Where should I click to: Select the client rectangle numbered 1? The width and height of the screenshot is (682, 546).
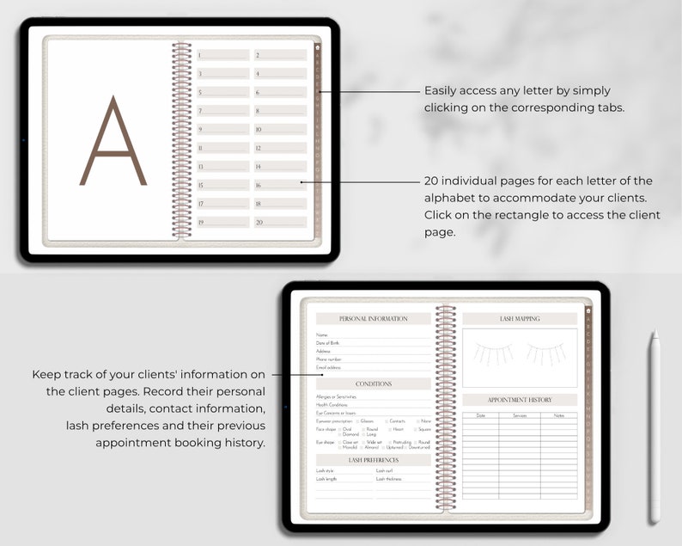point(223,55)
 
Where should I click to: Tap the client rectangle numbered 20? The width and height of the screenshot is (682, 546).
point(280,222)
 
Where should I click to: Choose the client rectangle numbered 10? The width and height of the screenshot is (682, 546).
point(280,129)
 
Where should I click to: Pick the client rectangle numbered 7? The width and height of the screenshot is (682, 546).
point(223,111)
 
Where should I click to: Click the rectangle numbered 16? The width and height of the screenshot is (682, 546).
point(280,185)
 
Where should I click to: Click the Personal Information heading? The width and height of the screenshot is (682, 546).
point(374,319)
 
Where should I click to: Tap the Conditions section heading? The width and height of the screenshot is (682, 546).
point(374,384)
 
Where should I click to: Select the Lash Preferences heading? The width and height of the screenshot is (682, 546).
point(374,460)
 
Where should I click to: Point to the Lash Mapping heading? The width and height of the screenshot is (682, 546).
point(520,319)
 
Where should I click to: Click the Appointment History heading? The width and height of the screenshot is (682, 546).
point(520,400)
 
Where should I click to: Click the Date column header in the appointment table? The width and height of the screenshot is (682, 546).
point(480,416)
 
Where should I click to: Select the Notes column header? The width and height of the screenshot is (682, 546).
point(559,416)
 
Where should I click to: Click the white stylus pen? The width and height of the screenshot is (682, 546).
point(655,426)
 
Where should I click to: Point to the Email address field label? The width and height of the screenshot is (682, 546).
point(328,368)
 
